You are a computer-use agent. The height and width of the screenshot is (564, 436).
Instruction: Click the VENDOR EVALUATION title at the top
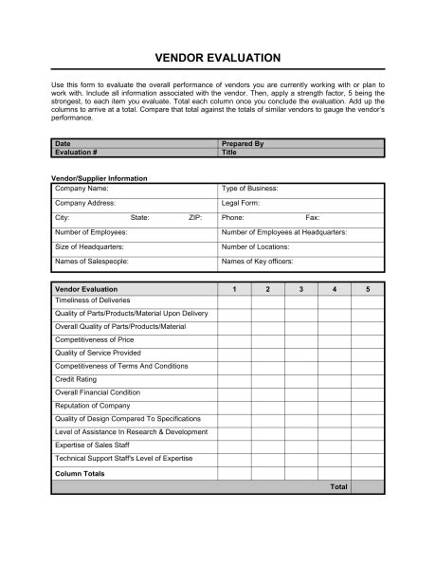[217, 58]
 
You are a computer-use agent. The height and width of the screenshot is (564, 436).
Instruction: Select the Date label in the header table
[64, 143]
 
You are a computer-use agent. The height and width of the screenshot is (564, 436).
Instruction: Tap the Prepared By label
[243, 143]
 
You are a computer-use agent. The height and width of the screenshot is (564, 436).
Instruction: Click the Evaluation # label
[75, 152]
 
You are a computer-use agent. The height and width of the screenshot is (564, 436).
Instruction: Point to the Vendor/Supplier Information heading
[99, 177]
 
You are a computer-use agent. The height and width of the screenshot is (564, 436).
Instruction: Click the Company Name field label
[82, 189]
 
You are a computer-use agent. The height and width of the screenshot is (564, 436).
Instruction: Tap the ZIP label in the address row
[195, 217]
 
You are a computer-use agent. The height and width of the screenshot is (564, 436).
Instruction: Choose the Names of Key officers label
[257, 260]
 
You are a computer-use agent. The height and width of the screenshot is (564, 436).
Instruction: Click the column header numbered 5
[368, 287]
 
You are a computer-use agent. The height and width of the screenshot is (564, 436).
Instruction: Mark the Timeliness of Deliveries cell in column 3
[300, 300]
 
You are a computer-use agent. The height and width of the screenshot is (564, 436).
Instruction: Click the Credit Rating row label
[77, 378]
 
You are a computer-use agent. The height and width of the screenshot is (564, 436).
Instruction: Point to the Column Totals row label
[80, 473]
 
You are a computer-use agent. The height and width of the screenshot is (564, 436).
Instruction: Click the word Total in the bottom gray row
[338, 486]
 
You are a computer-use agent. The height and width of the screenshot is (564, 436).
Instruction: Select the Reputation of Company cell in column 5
[368, 405]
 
